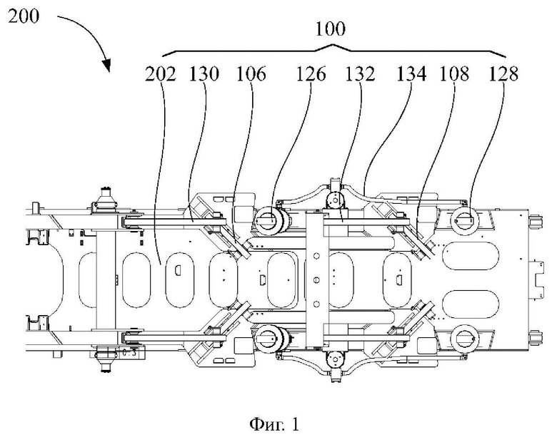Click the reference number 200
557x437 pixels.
coord(24,16)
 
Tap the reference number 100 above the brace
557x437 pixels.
coord(331,29)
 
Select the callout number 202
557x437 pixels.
coord(161,74)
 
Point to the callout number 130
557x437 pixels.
coord(204,74)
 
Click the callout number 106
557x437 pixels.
coord(251,74)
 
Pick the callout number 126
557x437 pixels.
coord(311,74)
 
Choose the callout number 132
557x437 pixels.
coord(360,74)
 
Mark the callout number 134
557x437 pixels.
coord(411,74)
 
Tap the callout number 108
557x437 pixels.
coord(454,74)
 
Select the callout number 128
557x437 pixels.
coord(503,74)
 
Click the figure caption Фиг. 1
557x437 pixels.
coord(275,424)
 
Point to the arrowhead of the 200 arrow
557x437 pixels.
coord(106,66)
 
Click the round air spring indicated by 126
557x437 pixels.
coord(269,220)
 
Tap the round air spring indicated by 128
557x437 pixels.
coord(464,220)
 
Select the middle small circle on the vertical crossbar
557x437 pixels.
coord(317,280)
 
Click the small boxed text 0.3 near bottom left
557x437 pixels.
coord(129,353)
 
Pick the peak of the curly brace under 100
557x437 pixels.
coord(332,45)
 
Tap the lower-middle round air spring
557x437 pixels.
coord(269,339)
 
